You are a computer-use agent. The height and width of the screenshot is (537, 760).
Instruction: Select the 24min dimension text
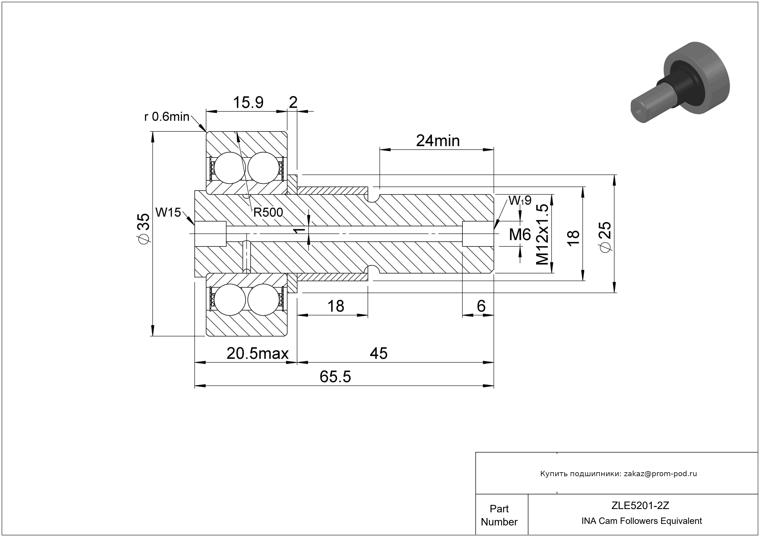coord(438,141)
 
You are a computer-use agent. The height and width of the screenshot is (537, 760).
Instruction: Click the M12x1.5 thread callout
coord(543,235)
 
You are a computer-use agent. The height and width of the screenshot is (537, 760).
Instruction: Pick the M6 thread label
coord(520,235)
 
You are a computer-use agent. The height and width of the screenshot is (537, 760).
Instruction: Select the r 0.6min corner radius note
coord(167,117)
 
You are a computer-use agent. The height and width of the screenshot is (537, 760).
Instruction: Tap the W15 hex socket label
coord(168,212)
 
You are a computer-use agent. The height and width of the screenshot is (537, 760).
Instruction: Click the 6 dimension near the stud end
coord(481,306)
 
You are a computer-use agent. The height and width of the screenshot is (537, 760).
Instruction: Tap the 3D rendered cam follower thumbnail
coord(681,87)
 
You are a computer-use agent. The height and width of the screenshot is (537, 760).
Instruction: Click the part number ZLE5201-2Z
coord(640,505)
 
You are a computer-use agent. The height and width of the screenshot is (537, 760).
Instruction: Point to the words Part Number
coord(499,515)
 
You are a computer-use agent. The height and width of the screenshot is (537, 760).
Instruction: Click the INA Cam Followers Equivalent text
coord(641,521)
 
